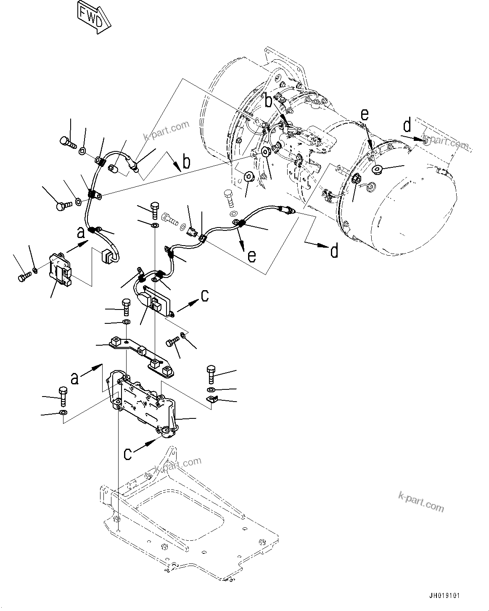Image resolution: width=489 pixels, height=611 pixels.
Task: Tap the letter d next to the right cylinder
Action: pyautogui.click(x=407, y=126)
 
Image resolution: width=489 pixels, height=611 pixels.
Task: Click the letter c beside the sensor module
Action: pyautogui.click(x=204, y=296)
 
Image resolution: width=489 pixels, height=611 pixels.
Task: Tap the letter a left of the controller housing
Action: pyautogui.click(x=75, y=379)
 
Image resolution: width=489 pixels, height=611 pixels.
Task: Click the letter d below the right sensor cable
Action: pyautogui.click(x=334, y=251)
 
